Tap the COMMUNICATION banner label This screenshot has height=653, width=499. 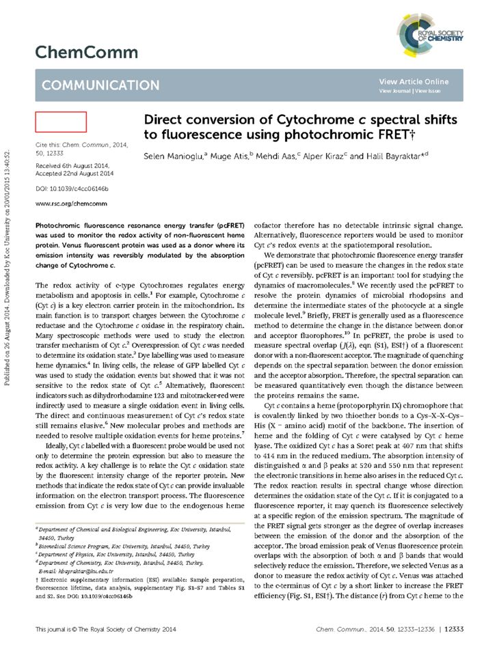pos(100,85)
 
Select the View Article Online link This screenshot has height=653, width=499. pos(414,81)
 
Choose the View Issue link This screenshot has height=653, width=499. pos(428,90)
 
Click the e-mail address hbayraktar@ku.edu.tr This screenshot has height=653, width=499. pos(83,570)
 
